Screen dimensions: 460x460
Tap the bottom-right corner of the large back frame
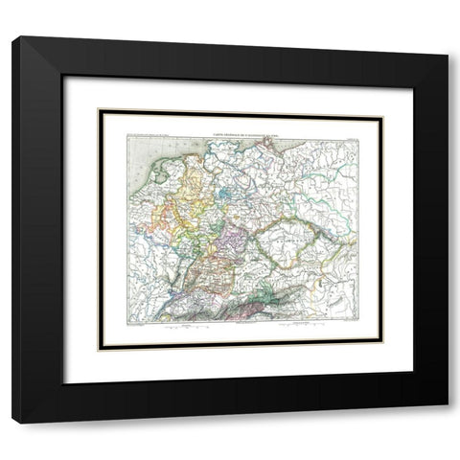pos(446,423)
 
